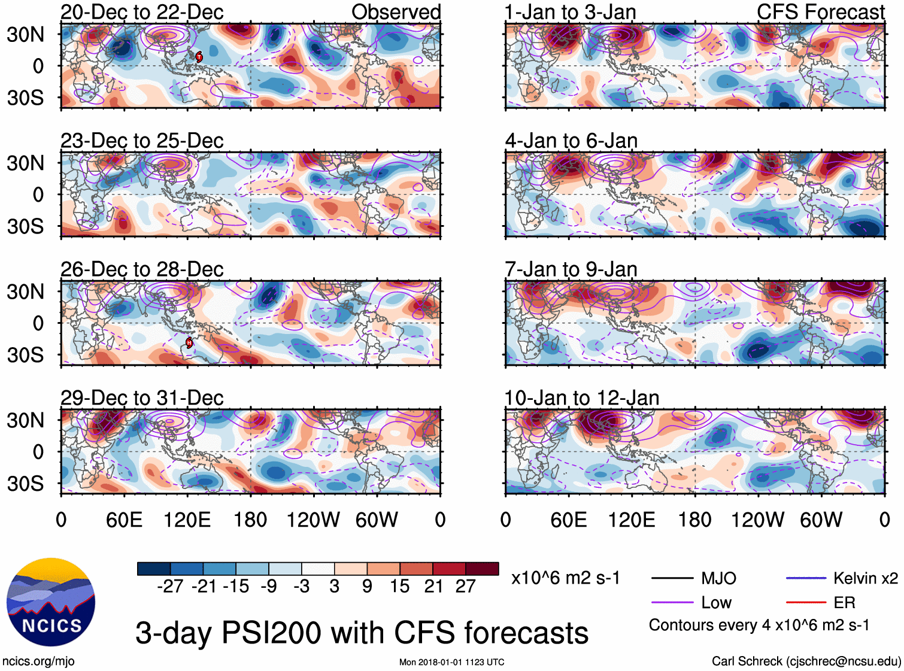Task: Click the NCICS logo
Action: tap(50, 602)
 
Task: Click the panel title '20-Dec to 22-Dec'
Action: tap(142, 12)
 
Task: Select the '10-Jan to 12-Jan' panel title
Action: tap(582, 398)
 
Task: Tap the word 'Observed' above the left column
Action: tap(396, 12)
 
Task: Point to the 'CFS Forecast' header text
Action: tap(820, 12)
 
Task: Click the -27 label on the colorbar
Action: tap(170, 586)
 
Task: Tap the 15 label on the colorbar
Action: tap(399, 586)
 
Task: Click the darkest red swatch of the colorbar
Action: tap(482, 569)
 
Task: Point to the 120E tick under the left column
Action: tap(187, 520)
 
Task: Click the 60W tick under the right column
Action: tap(821, 520)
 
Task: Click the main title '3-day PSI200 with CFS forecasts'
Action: tap(362, 633)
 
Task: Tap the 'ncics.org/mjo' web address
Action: tap(38, 661)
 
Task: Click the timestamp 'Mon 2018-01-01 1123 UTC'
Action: tap(451, 662)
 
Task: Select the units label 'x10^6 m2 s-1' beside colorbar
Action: tap(565, 578)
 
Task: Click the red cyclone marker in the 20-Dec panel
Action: tap(199, 57)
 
